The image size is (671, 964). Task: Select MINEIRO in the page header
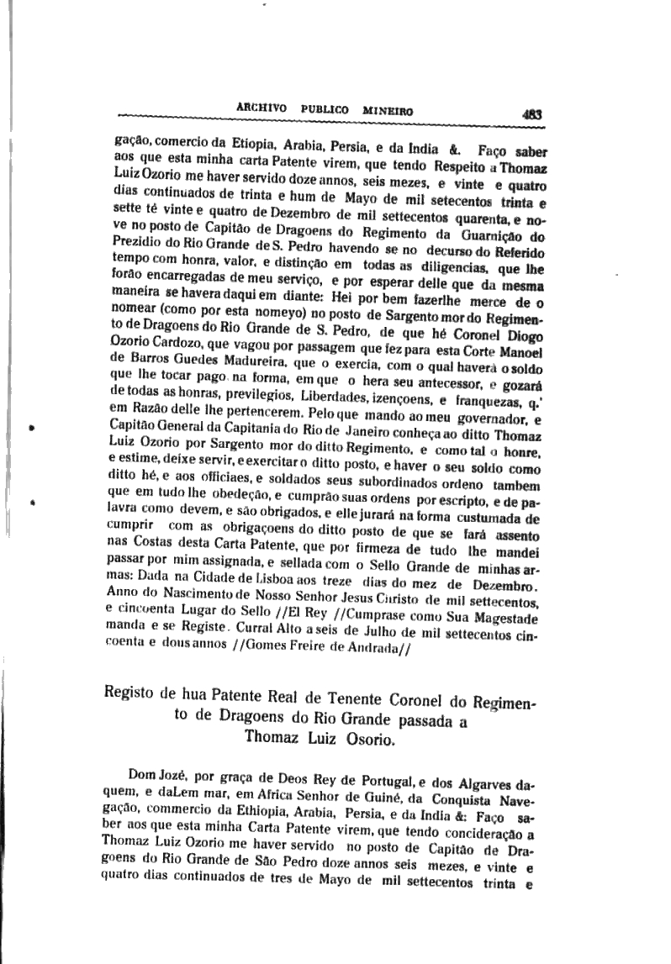(x=391, y=109)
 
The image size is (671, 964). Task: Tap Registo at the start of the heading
(x=129, y=697)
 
